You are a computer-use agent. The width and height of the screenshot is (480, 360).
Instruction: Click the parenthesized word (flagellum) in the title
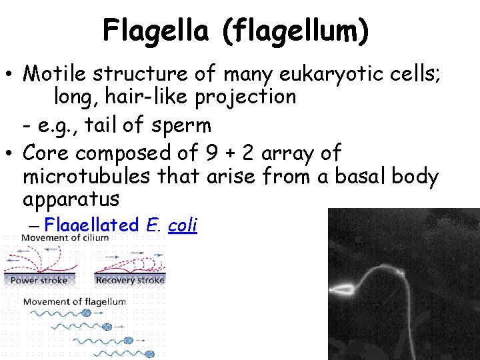point(297,32)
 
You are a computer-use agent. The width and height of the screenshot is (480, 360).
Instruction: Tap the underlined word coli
point(183,225)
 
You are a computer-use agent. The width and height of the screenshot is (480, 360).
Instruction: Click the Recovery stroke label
point(130,280)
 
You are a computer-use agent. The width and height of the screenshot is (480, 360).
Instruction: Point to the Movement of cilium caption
point(59,239)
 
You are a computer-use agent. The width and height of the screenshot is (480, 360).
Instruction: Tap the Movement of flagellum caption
point(74,301)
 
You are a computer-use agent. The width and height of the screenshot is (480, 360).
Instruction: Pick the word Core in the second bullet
point(46,153)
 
